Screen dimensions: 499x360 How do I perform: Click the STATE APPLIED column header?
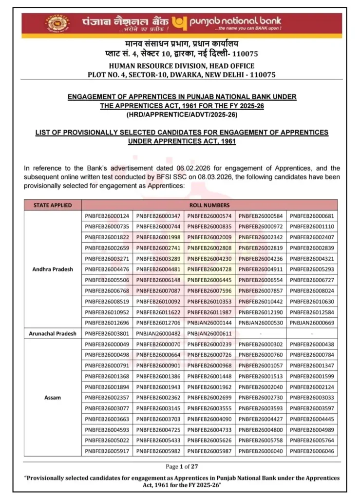[x=53, y=205]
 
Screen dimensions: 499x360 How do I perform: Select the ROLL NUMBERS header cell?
[x=209, y=205]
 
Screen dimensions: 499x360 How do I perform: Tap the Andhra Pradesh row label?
[x=53, y=269]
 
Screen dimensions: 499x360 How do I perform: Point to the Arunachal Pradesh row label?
[x=53, y=333]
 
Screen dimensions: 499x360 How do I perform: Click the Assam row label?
[x=53, y=397]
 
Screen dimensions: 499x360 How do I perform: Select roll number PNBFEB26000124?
[x=107, y=216]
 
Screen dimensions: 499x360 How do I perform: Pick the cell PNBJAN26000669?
[x=312, y=323]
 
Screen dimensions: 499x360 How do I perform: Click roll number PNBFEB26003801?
[x=107, y=333]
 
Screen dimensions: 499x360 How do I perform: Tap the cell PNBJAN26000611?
[x=209, y=333]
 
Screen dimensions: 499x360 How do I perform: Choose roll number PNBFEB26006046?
[x=312, y=451]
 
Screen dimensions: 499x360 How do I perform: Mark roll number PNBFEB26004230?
[x=209, y=259]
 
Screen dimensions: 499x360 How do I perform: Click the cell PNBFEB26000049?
[x=107, y=344]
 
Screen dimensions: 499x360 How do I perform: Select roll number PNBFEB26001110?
[x=312, y=227]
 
